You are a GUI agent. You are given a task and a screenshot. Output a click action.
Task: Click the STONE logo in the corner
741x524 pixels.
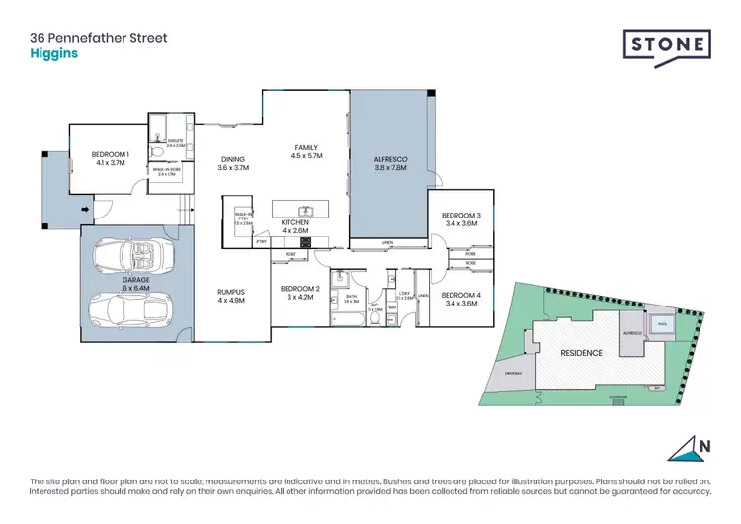pos(667,45)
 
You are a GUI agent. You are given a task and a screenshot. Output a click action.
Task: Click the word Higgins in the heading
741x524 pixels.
pos(51,55)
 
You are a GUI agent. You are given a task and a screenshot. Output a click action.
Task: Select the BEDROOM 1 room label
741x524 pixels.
pos(110,154)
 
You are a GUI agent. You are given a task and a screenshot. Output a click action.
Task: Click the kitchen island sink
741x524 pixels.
pos(307,210)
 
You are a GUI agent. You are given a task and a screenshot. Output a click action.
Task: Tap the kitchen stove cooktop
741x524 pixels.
pos(293,241)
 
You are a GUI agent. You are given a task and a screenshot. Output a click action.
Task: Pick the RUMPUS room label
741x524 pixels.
pos(230,292)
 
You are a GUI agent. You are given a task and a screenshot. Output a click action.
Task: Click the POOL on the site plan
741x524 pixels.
pos(659,322)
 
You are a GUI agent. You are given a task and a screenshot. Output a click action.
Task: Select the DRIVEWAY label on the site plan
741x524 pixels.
pos(512,372)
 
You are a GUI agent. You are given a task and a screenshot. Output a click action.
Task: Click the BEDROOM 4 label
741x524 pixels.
pos(460,296)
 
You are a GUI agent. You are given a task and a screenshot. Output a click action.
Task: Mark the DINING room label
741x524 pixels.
pos(232,159)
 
